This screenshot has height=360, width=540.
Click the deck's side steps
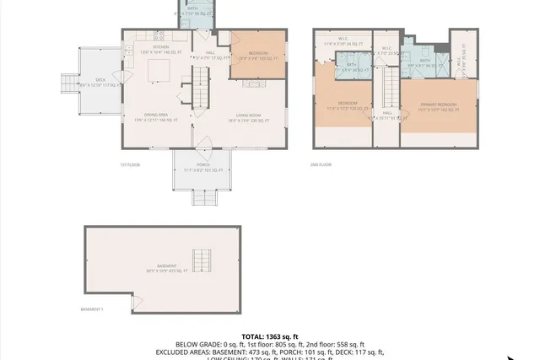click(69, 84)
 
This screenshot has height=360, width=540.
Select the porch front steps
click(202, 198)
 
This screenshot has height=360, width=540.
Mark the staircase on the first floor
click(201, 85)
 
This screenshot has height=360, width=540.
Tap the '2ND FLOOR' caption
click(321, 164)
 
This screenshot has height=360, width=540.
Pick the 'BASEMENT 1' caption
click(91, 309)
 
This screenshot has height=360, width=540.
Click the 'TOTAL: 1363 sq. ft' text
click(269, 336)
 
